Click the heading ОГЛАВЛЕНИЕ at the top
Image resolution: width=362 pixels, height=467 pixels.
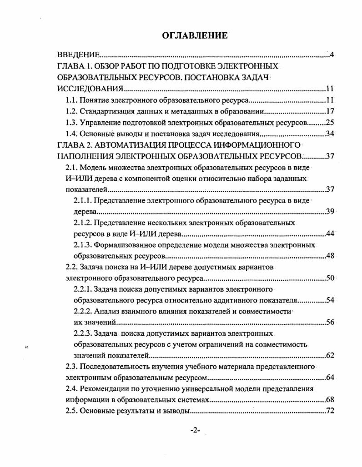195,35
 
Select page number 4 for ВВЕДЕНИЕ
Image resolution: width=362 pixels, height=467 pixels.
332,55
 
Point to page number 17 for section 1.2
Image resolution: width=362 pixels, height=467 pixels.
331,111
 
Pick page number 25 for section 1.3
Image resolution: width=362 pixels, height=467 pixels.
331,122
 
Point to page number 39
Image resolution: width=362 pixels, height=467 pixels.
331,212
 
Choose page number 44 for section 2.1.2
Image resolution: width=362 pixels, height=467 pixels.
331,234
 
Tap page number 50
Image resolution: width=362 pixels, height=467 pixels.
331,278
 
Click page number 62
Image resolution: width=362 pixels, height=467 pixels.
331,356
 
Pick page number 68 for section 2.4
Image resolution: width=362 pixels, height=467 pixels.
331,400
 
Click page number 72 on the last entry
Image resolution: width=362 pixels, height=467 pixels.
331,412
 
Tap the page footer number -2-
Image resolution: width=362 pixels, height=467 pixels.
196,431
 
